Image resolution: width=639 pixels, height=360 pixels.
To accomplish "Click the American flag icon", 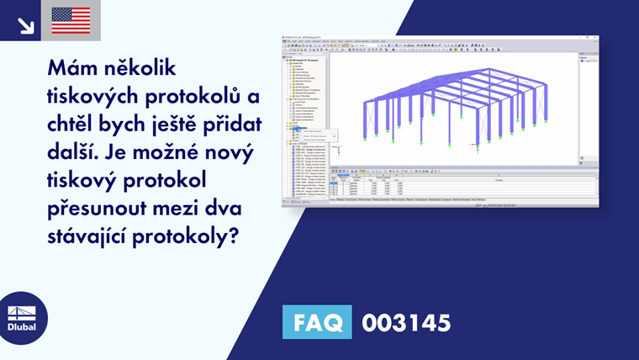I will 71,20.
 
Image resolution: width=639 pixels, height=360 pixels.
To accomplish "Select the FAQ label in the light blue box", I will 318,322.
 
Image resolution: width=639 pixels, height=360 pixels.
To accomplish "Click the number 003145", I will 406,322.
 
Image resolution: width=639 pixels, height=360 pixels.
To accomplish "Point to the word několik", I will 143,66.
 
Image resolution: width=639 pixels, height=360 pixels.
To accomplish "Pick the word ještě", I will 182,124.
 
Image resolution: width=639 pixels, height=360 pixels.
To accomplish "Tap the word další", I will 75,153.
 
